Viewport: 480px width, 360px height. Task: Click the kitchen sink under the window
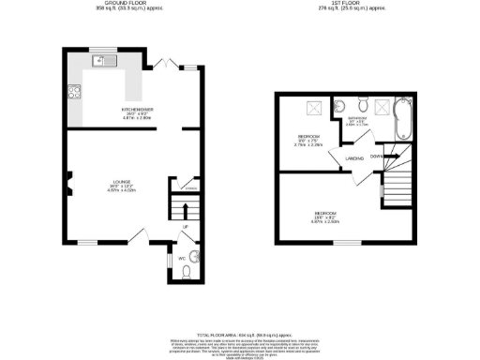click(103, 62)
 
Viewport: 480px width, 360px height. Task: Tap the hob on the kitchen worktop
click(72, 92)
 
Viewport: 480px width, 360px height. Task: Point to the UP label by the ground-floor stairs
click(186, 227)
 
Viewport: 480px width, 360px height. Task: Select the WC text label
click(180, 255)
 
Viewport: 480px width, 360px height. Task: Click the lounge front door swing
click(137, 235)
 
